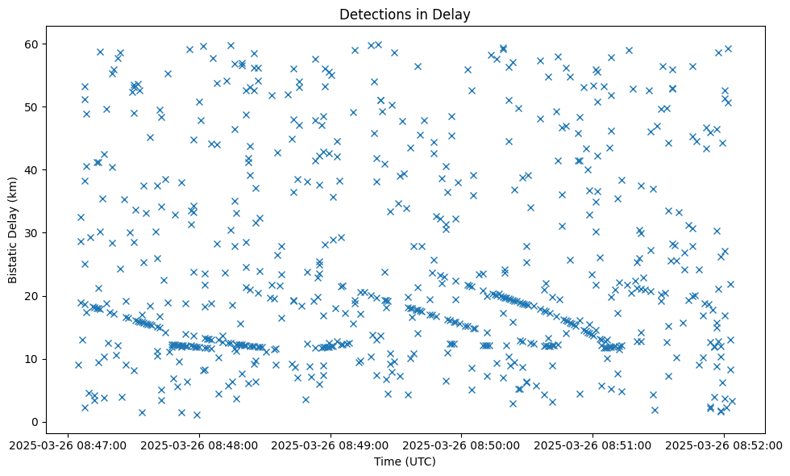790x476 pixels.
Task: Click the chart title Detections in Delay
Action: (x=405, y=14)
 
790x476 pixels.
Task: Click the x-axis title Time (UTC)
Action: (x=405, y=461)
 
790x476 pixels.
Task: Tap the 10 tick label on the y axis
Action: (x=34, y=359)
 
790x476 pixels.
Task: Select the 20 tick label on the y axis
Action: (x=34, y=296)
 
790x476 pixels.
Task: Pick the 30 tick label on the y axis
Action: (x=34, y=233)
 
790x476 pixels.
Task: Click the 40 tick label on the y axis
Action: (x=34, y=170)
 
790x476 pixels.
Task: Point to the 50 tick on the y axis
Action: (x=34, y=107)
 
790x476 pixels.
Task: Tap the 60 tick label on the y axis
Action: (x=34, y=44)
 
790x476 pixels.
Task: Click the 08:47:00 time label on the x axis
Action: (x=67, y=445)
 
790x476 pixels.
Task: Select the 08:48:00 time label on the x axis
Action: (x=198, y=445)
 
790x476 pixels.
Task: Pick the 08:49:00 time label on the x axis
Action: (x=330, y=445)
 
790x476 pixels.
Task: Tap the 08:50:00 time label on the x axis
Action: (x=461, y=445)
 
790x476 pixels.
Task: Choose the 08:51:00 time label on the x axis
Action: (x=592, y=445)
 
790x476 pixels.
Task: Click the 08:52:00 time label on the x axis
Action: (x=723, y=445)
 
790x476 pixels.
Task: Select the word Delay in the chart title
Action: (x=454, y=14)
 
